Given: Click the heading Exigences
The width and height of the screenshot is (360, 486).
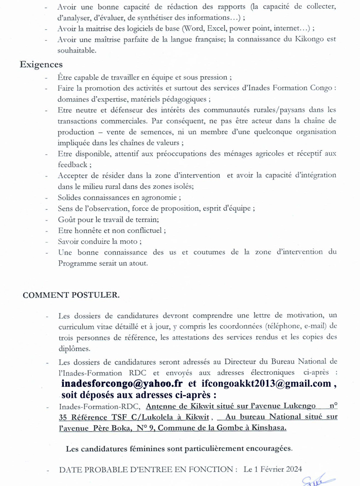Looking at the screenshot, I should point(41,65).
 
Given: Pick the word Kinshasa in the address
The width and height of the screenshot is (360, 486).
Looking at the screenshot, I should point(268,428).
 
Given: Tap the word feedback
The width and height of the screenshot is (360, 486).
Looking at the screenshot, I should point(74,165).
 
